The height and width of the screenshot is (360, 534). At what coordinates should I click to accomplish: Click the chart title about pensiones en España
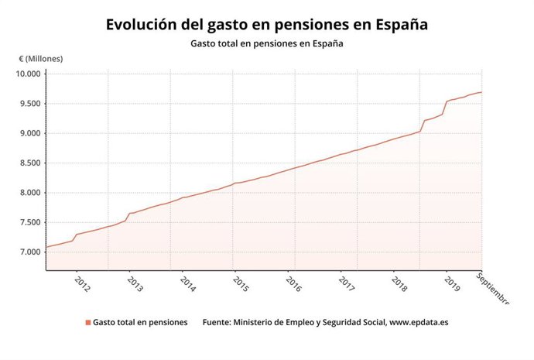267,24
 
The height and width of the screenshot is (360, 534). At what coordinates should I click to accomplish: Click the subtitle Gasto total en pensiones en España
267,43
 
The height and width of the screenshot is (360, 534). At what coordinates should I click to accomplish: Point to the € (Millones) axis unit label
41,59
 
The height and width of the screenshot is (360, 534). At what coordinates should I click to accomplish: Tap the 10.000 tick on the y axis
28,74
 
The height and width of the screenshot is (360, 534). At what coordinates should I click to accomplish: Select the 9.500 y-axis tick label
29,104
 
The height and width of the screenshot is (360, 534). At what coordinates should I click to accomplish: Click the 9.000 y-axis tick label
29,133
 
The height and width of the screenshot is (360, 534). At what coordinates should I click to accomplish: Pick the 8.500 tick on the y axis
29,163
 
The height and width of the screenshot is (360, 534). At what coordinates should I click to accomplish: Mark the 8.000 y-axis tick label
29,193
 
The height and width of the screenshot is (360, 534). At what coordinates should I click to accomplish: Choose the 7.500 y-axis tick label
29,223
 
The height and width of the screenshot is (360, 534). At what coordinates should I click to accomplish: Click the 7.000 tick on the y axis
29,252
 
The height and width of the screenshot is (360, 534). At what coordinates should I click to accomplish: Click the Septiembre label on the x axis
493,288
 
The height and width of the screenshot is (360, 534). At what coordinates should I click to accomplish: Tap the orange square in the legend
88,323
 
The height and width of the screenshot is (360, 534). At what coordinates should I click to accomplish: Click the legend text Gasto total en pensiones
140,323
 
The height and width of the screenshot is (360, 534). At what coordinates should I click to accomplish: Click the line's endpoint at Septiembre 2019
481,92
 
